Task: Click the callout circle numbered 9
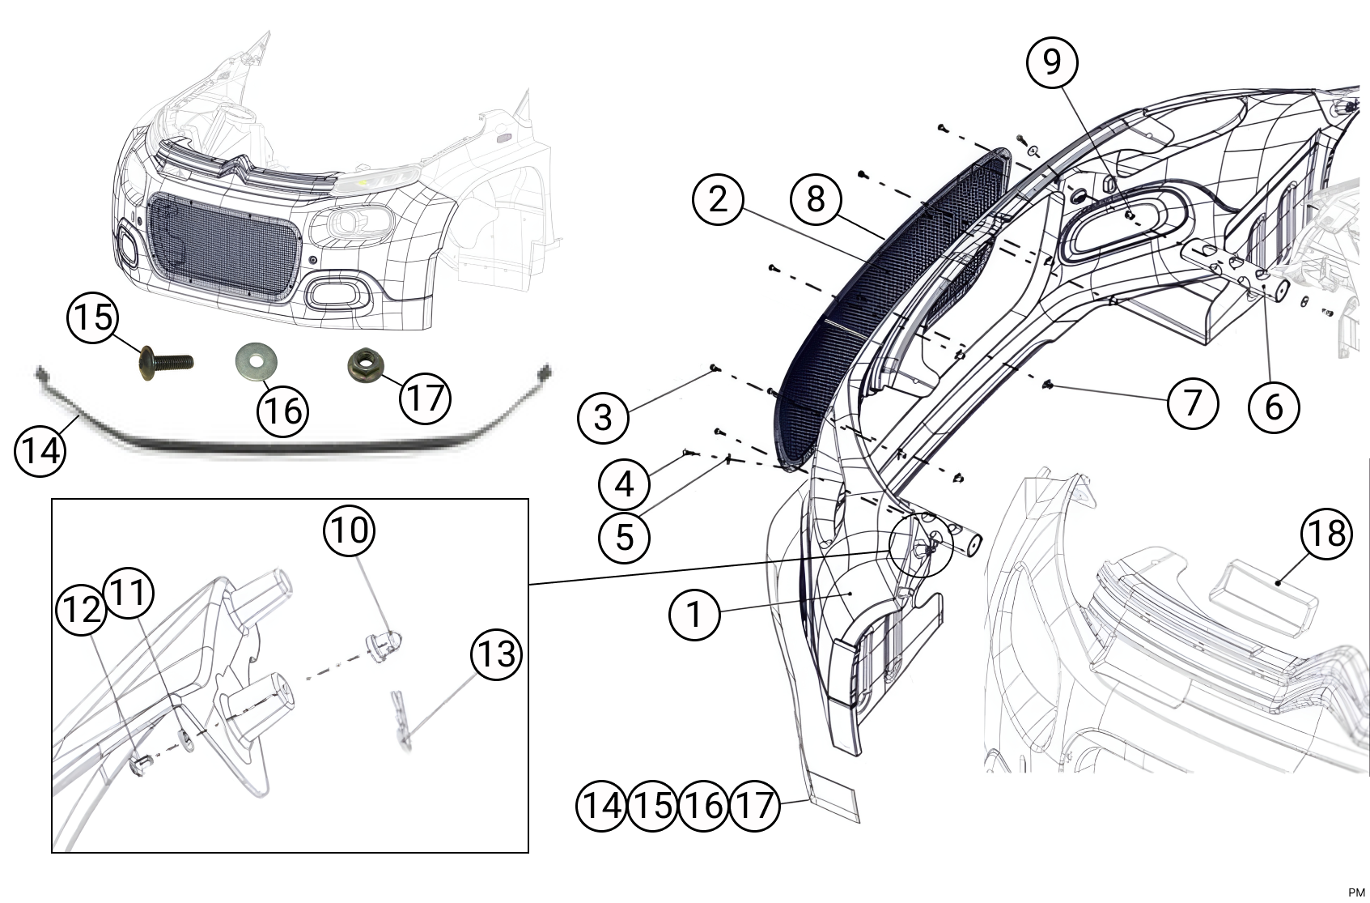click(x=1052, y=62)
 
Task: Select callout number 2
click(x=718, y=198)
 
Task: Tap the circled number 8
click(x=815, y=198)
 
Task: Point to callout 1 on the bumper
click(x=694, y=615)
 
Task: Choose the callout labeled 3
click(x=603, y=418)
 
